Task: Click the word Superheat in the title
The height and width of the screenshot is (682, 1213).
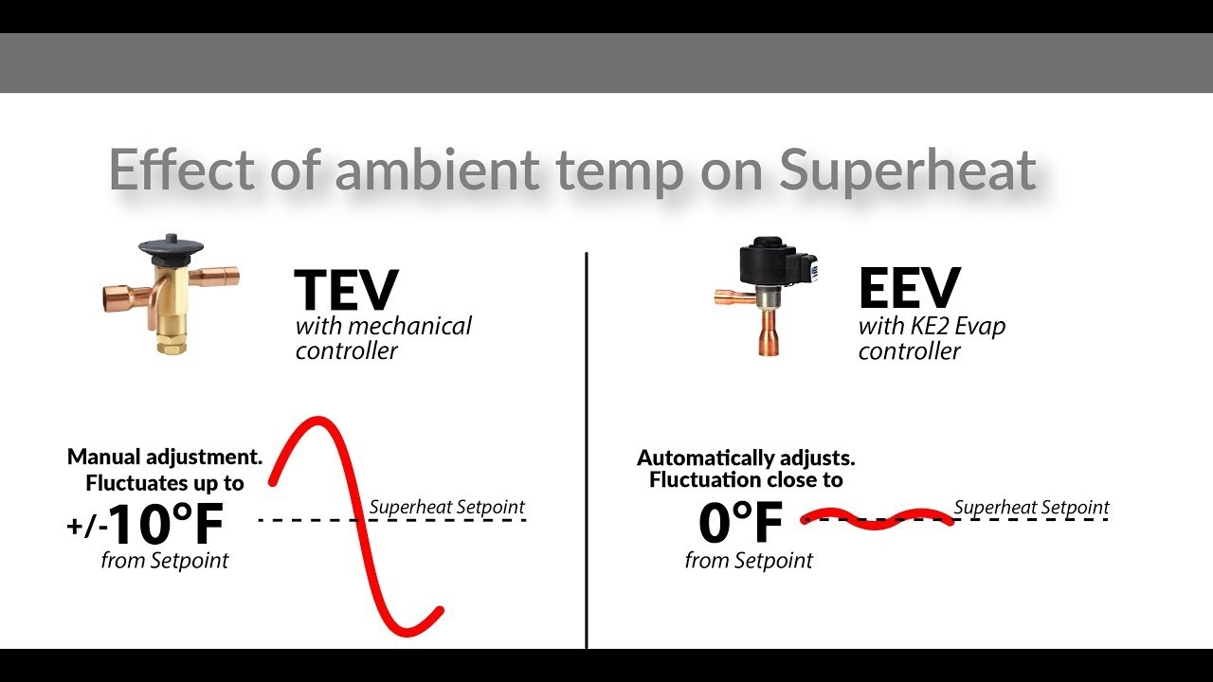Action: [x=908, y=170]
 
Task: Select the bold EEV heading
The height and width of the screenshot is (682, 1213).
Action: [x=910, y=288]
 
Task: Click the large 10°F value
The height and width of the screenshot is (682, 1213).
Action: [x=166, y=524]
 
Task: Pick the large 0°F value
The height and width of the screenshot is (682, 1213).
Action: [x=741, y=522]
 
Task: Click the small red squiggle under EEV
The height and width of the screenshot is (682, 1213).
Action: [x=878, y=518]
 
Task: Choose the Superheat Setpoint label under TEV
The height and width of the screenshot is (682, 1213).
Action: [x=446, y=507]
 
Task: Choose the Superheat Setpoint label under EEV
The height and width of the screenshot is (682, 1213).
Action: [x=1031, y=508]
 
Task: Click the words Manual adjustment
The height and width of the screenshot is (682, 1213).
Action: [x=165, y=457]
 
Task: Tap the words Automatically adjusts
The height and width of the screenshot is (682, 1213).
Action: [x=746, y=458]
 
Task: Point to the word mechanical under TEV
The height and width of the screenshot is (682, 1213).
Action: [x=410, y=326]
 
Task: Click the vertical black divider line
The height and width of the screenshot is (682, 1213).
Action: [x=587, y=450]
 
